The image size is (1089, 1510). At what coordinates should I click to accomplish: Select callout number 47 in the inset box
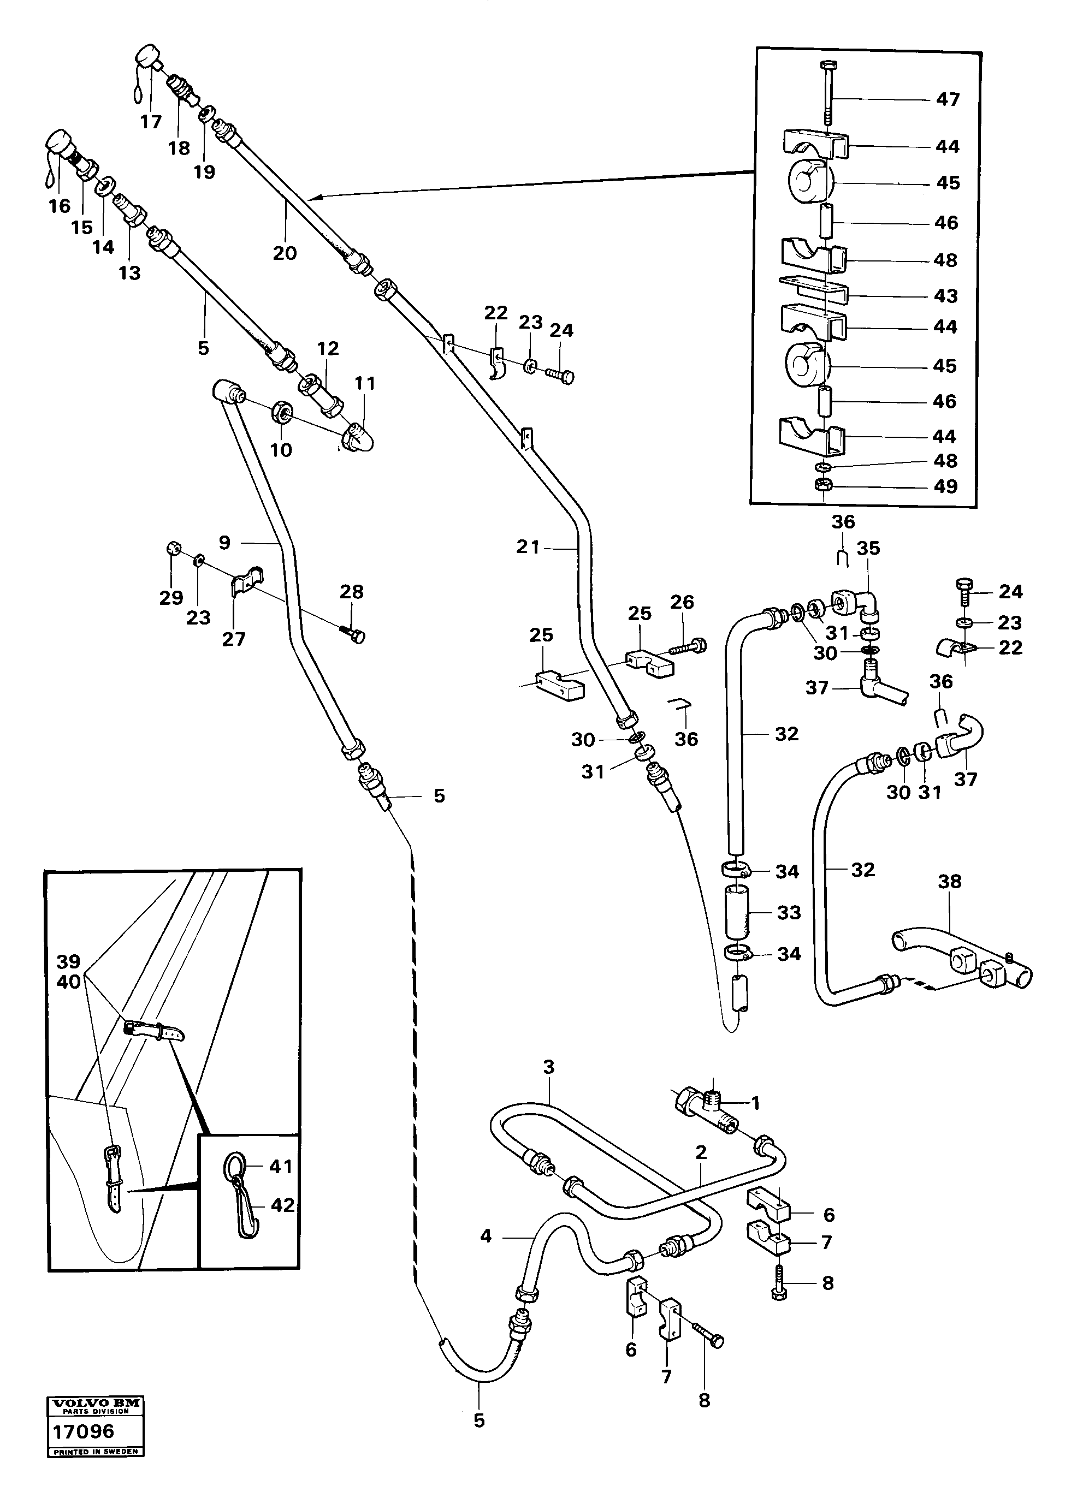click(947, 99)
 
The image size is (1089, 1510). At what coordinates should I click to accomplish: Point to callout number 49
click(946, 487)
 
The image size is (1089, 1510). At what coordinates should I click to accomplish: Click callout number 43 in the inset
click(946, 295)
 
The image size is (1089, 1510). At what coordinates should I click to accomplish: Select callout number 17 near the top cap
click(151, 122)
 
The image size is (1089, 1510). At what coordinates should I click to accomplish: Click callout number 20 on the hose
click(285, 253)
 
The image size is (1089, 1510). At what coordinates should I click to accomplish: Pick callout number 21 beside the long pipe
click(528, 547)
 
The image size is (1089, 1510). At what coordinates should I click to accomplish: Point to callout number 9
click(224, 543)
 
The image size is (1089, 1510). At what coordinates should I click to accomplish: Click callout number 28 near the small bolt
click(352, 591)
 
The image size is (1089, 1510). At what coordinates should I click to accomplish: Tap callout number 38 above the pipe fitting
click(950, 882)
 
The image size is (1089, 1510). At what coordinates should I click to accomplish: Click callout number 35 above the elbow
click(868, 548)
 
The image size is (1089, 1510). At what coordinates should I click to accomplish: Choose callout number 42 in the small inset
click(282, 1205)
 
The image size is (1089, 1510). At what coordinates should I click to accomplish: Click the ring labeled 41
click(234, 1166)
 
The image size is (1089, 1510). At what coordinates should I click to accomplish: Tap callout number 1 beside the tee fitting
click(755, 1104)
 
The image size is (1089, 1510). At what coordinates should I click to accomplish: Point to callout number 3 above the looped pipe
click(548, 1067)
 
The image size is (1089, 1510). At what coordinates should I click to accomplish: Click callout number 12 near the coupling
click(328, 348)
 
